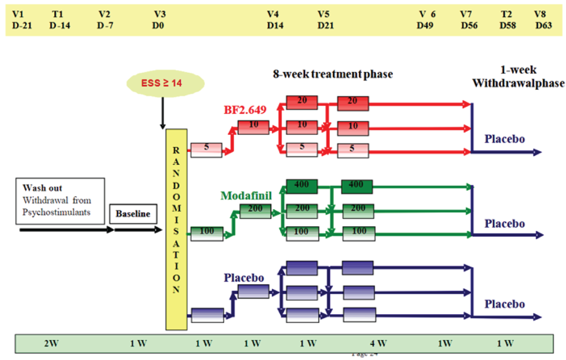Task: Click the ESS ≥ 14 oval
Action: (165, 83)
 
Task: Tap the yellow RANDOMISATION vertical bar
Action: (176, 229)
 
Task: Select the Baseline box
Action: (133, 214)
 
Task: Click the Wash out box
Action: (60, 201)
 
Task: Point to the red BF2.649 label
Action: (245, 110)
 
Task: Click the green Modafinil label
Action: (246, 196)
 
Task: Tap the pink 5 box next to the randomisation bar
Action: (206, 150)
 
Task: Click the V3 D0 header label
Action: (159, 20)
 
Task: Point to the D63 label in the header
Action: (543, 26)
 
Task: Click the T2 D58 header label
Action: (507, 20)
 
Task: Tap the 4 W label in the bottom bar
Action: (378, 343)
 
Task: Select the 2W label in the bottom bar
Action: (51, 343)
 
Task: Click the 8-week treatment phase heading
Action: (333, 74)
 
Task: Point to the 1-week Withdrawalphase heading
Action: (518, 77)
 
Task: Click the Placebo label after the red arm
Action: (505, 139)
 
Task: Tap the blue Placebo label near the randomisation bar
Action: (244, 278)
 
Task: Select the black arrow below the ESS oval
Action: (162, 113)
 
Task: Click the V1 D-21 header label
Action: (22, 20)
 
